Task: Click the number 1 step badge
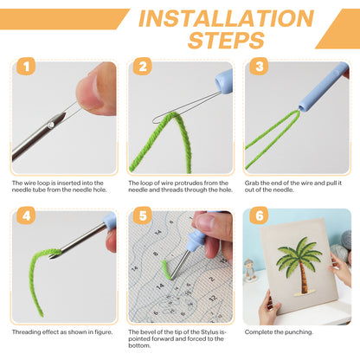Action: click(26, 67)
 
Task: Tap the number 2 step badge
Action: click(143, 67)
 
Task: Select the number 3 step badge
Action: click(259, 67)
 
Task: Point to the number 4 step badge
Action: click(26, 215)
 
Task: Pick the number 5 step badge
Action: click(143, 215)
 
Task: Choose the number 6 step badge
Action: click(259, 215)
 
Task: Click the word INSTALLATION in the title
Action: click(226, 18)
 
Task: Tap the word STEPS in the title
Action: click(226, 40)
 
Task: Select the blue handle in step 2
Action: click(224, 82)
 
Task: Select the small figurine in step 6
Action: click(250, 270)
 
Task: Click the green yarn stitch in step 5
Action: click(165, 269)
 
